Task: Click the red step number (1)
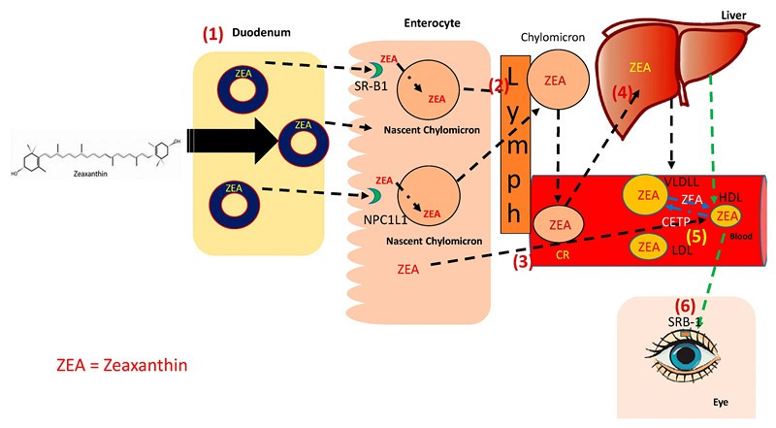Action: click(x=213, y=33)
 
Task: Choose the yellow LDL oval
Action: click(x=646, y=247)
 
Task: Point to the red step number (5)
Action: click(x=695, y=234)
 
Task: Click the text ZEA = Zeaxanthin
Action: click(x=121, y=366)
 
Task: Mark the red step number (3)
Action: click(x=520, y=262)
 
